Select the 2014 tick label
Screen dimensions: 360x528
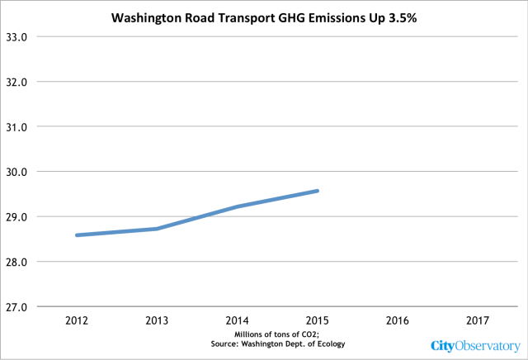[x=237, y=320]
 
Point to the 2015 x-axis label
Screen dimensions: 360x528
[x=317, y=320]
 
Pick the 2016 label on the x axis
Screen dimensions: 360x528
[x=398, y=320]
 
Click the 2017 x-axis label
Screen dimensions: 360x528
[x=478, y=320]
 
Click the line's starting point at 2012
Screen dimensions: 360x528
[x=77, y=235]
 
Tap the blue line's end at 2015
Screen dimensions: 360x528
[x=318, y=191]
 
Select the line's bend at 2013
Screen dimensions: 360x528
[x=157, y=229]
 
